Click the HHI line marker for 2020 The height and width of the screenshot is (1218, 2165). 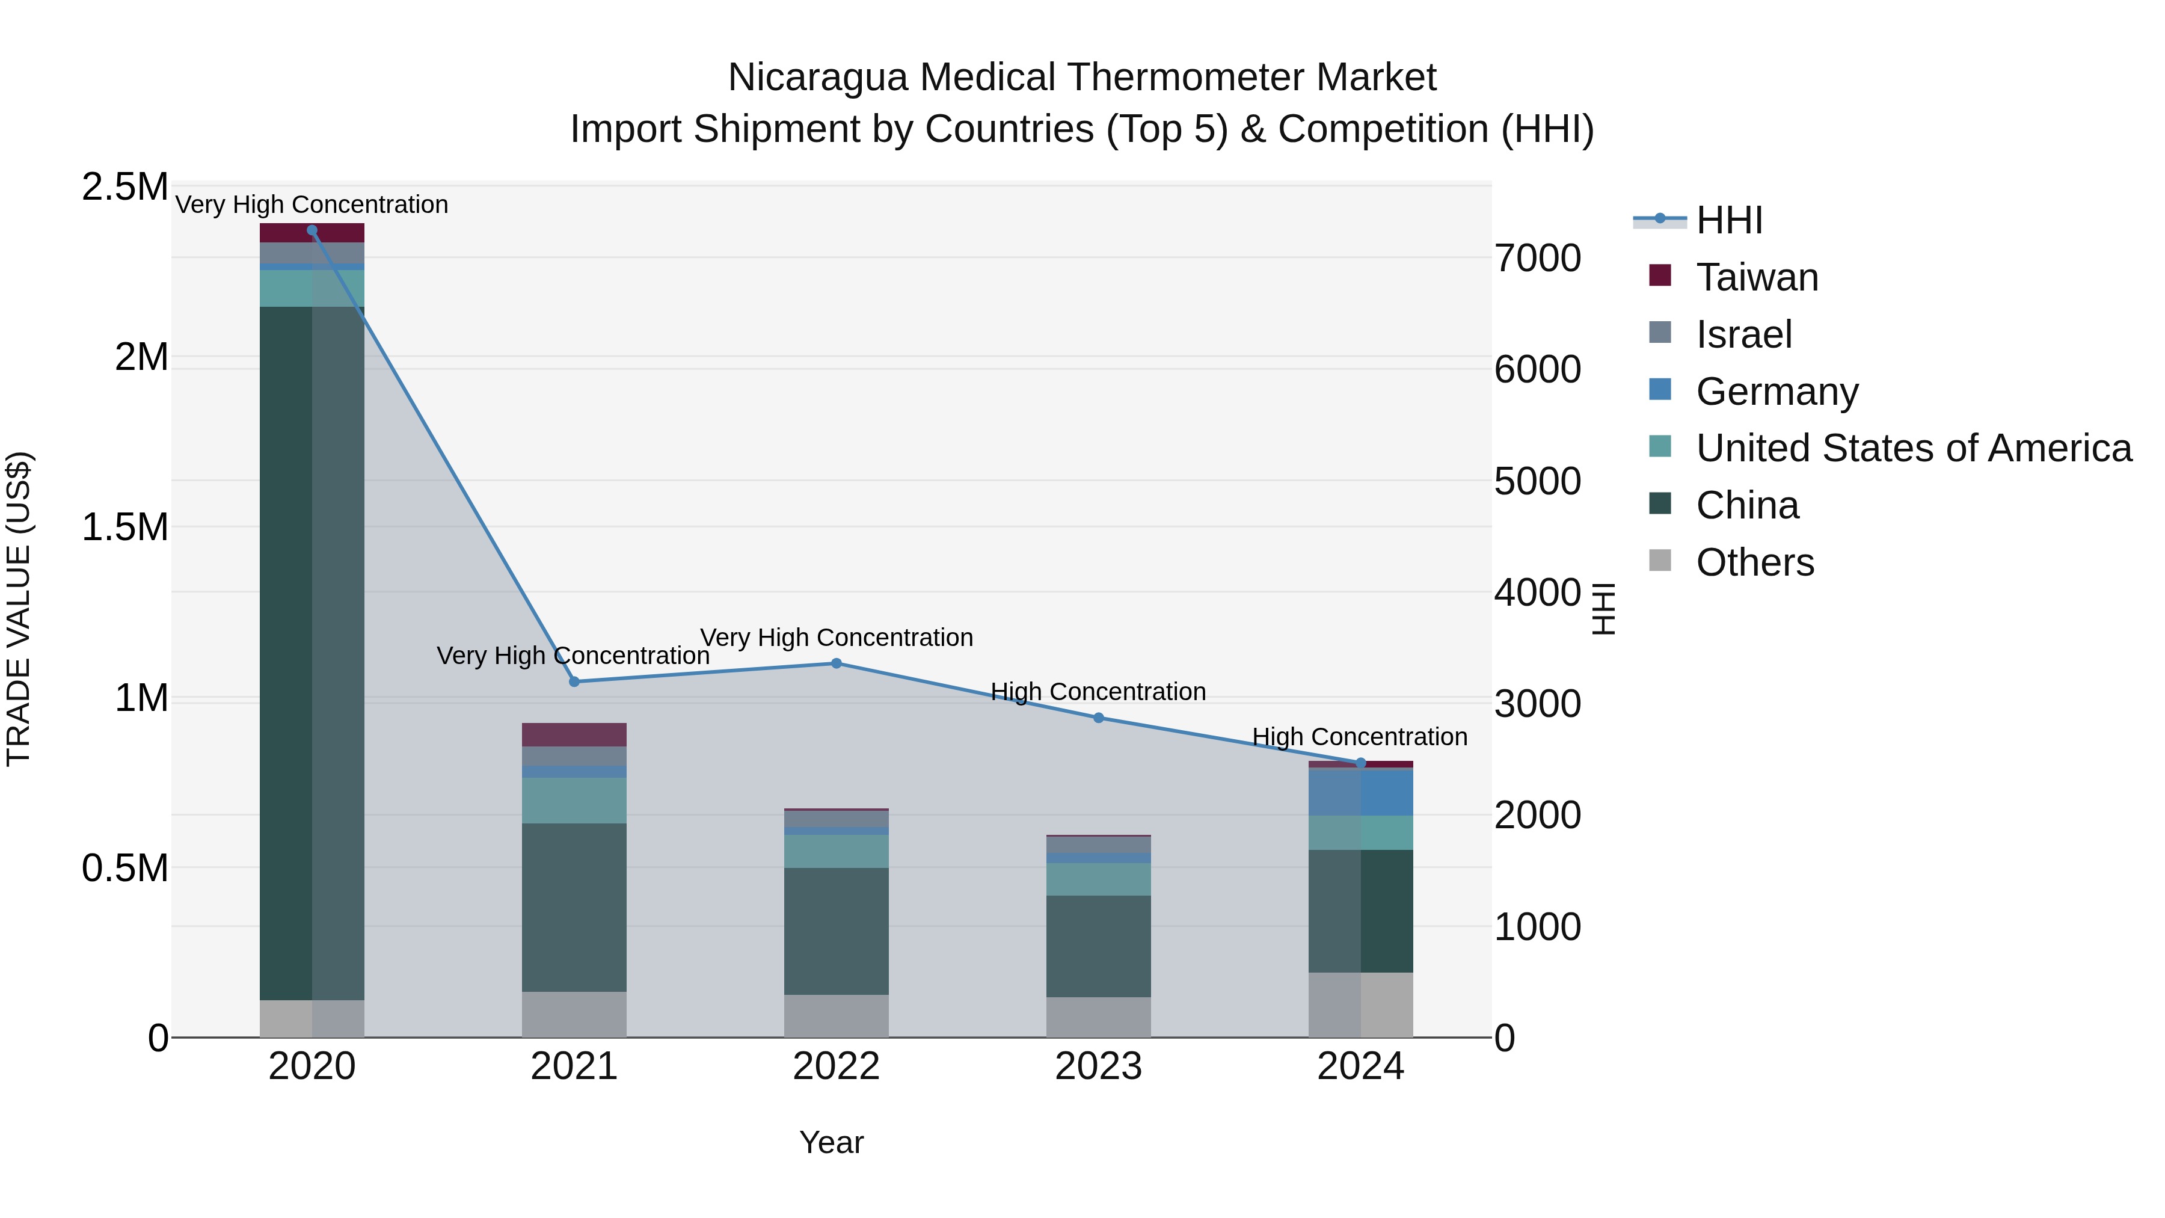click(312, 230)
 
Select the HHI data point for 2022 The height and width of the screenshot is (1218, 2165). click(837, 663)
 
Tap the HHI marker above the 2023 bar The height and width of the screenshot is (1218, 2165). click(1099, 718)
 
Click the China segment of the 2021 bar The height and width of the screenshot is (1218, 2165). click(574, 907)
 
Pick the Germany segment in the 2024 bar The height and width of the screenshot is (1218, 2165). click(1361, 792)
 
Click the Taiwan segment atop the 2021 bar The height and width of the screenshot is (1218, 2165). click(574, 734)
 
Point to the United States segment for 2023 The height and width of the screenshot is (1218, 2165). click(1099, 879)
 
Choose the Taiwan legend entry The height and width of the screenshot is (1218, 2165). click(1757, 277)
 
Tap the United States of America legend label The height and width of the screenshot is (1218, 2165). click(1913, 448)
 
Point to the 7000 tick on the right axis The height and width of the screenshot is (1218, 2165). click(1537, 258)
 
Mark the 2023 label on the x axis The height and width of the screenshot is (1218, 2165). click(1099, 1066)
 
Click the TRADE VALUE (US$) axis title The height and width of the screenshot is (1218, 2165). click(19, 609)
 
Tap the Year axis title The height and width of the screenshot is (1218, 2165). click(831, 1142)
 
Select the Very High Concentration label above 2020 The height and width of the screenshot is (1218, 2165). click(312, 205)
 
